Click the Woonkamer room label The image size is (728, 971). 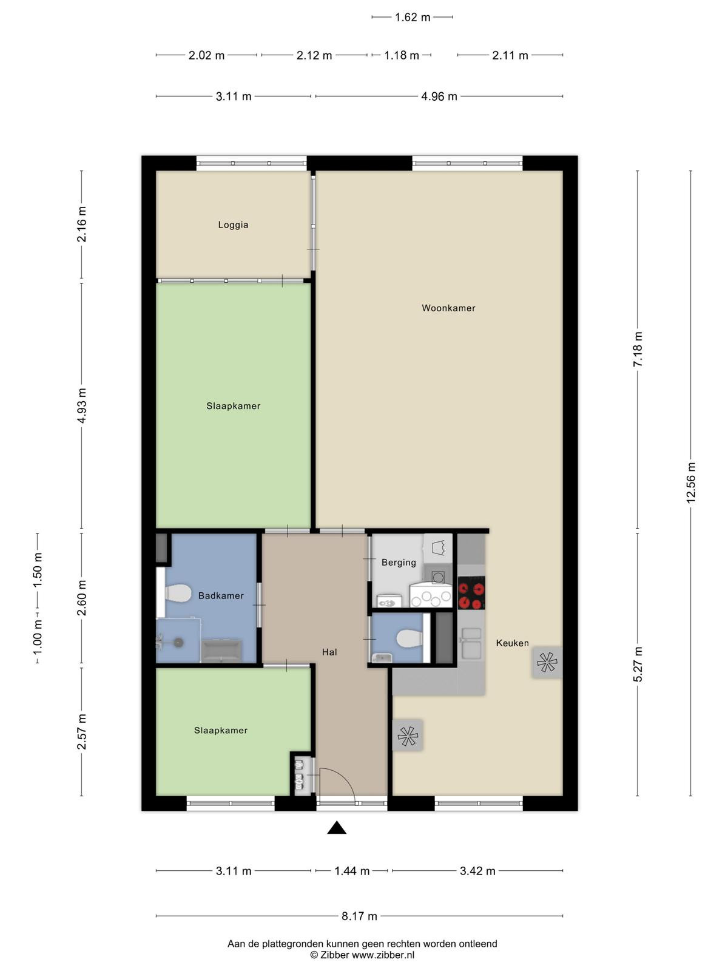tap(448, 308)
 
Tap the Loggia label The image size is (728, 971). tap(233, 225)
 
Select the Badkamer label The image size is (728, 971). tap(221, 595)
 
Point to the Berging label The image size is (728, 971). tap(399, 562)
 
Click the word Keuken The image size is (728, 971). tap(512, 643)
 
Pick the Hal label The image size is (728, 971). tap(330, 652)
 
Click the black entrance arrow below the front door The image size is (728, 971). tap(337, 827)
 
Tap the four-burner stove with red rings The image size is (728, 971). tap(471, 593)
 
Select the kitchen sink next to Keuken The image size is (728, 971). tap(471, 642)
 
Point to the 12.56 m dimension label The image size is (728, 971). tap(691, 482)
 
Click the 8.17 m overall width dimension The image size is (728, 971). tap(359, 916)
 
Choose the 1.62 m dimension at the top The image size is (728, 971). tap(413, 17)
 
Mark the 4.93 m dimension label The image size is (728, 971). tap(82, 405)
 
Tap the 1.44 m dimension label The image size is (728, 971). tap(352, 871)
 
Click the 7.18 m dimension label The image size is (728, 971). tap(638, 349)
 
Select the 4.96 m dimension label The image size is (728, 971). tap(439, 96)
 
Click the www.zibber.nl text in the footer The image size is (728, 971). tap(383, 955)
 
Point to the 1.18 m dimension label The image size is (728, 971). tap(402, 55)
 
